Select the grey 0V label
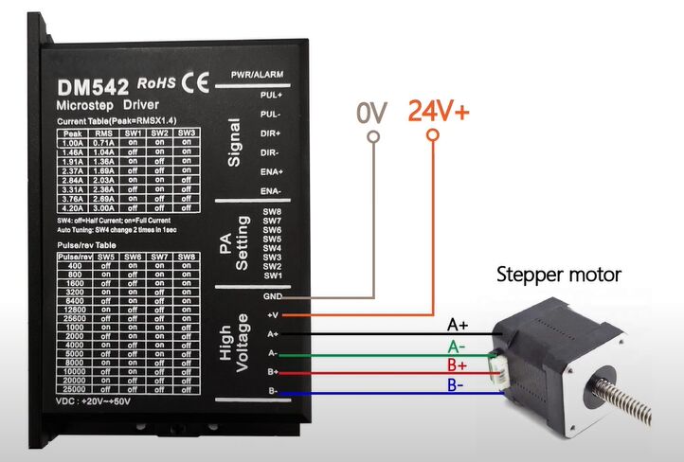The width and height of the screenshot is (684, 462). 372,114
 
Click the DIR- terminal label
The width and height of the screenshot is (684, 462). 270,151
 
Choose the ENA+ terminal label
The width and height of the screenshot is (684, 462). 270,171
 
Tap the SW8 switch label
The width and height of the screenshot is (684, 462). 272,211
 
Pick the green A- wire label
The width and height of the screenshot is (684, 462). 457,346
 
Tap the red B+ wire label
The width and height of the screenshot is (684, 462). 458,364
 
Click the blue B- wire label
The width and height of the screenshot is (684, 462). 457,384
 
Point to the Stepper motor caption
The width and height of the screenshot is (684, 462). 559,275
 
